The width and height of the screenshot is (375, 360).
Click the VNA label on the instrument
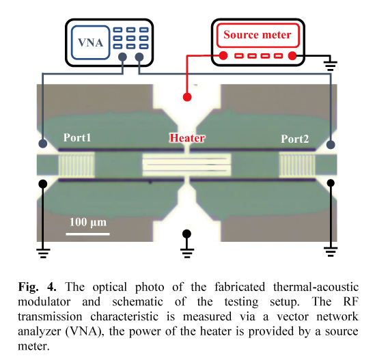tap(91, 43)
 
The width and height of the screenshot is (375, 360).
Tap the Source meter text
tap(258, 35)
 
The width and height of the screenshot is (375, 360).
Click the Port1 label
tap(77, 137)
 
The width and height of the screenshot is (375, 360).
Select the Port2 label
tap(294, 139)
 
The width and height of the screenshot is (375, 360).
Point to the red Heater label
tap(187, 138)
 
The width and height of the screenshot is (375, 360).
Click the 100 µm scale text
tap(88, 223)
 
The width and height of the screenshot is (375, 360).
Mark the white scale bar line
tap(87, 234)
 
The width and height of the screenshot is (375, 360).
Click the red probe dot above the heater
tap(187, 97)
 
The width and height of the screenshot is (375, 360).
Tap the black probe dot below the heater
tap(186, 234)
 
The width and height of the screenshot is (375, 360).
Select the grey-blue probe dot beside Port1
tap(43, 143)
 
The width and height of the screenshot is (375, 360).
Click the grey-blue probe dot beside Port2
tap(331, 145)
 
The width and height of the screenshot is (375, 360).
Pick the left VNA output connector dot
tap(122, 57)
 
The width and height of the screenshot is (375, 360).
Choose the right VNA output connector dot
tap(139, 57)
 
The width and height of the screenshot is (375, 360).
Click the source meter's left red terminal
tap(223, 56)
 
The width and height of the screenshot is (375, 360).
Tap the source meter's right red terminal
tap(292, 56)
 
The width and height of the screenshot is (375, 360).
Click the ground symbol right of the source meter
tap(331, 65)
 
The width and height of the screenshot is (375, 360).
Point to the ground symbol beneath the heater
tap(187, 252)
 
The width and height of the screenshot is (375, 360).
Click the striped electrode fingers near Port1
tap(77, 165)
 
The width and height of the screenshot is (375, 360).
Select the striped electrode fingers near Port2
tap(297, 165)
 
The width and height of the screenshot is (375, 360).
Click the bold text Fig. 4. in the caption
tap(38, 286)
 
